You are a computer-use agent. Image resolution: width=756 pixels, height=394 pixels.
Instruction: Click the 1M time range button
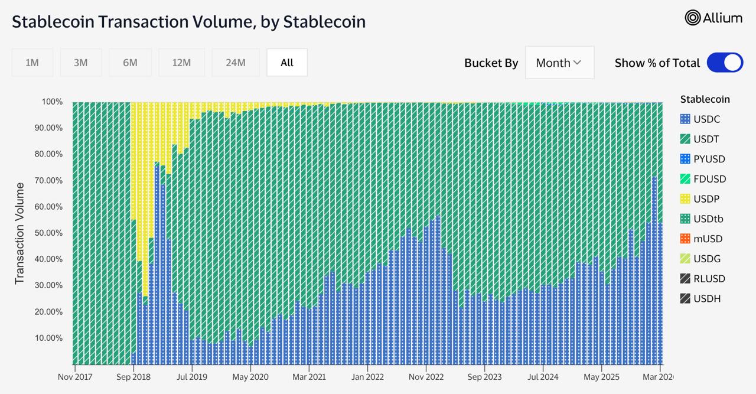32,63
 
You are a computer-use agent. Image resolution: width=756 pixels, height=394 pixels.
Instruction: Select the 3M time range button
81,63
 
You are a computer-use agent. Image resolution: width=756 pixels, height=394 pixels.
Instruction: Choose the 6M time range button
130,63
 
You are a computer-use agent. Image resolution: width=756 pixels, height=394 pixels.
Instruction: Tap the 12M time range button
181,63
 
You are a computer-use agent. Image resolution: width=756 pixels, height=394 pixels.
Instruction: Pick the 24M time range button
235,63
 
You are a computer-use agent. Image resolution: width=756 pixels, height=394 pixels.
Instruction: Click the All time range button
287,63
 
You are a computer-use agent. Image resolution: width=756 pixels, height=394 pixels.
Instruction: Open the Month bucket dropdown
559,63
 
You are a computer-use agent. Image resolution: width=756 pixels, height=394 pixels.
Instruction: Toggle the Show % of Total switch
725,63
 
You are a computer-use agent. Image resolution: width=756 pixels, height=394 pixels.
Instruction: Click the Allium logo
713,18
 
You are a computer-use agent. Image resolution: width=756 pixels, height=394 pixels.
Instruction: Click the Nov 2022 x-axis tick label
426,377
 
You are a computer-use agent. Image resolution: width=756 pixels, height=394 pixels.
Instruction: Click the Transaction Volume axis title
20,233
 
